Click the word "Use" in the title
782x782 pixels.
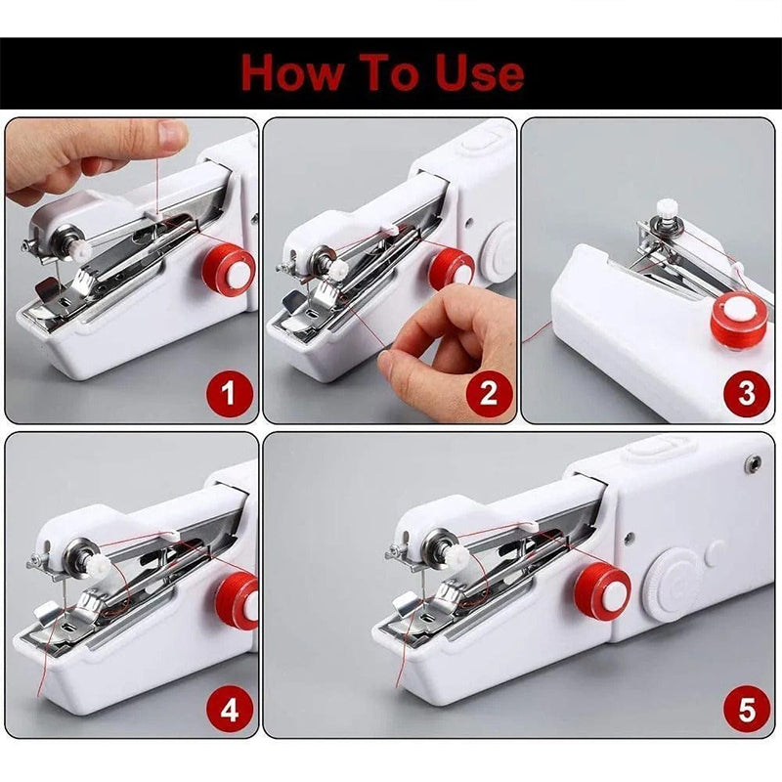tap(475, 72)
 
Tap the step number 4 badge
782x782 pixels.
tap(229, 710)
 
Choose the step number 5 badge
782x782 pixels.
tap(747, 710)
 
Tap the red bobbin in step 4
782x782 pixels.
tap(238, 601)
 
